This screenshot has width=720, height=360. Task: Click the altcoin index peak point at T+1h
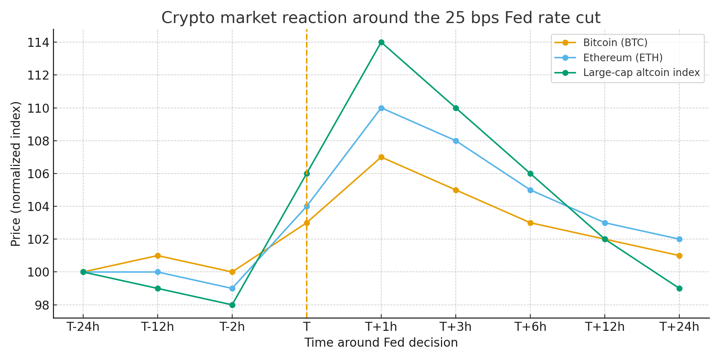point(381,42)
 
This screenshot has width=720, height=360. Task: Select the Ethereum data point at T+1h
point(381,108)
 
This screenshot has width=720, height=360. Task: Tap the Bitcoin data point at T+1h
point(381,157)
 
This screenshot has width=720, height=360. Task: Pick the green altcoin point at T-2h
point(232,305)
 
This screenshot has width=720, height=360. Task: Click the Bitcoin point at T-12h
point(158,256)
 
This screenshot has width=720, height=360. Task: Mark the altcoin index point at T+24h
point(679,288)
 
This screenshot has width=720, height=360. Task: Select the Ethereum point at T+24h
point(679,239)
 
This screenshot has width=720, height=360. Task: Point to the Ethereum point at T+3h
point(456,141)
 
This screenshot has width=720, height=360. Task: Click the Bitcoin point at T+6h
point(530,223)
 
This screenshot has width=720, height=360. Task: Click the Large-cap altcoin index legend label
point(641,73)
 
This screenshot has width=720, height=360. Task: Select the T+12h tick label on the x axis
point(605,327)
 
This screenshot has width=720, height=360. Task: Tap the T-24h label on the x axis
point(83,327)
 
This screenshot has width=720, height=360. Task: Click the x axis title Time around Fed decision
point(381,343)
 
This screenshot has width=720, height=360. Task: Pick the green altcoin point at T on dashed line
point(307,174)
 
